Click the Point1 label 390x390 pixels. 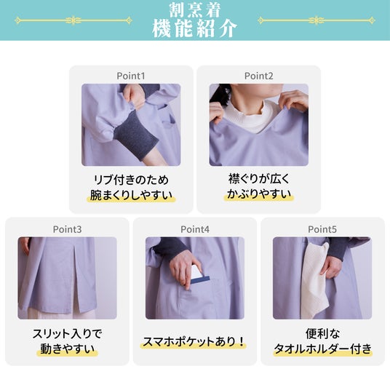131,76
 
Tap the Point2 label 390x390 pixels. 259,76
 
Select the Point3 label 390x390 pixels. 67,229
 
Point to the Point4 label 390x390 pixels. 195,229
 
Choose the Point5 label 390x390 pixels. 322,229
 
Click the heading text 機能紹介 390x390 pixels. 195,28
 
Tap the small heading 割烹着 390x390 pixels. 195,10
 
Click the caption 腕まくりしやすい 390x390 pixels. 131,195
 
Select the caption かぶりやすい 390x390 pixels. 259,194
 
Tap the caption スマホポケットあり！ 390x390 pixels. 194,342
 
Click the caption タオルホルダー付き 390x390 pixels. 322,349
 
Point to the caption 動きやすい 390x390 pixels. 67,349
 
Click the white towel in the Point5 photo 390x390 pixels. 314,280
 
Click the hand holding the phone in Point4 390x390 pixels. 186,269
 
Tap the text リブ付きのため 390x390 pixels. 131,180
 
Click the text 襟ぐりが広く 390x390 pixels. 259,179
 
